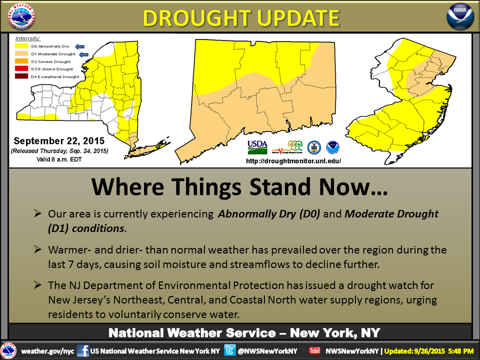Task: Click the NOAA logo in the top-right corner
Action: pos(460,17)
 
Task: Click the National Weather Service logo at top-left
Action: pos(21,16)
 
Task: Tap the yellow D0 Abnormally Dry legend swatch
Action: pos(21,46)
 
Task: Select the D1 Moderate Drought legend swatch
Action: pos(21,54)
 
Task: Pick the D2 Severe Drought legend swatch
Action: pos(21,61)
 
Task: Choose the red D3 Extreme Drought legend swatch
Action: pos(21,69)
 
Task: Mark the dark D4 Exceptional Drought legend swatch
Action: pos(21,76)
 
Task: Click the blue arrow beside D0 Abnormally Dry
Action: pos(80,46)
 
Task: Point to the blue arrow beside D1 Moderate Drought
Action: pos(84,54)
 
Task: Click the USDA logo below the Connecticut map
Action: pos(257,147)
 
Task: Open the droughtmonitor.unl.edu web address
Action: pos(293,161)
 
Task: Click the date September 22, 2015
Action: pos(59,141)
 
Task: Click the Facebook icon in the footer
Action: pos(82,350)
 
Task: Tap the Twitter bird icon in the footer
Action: pos(230,350)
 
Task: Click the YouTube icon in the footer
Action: pos(314,351)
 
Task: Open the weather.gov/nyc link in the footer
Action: pos(47,351)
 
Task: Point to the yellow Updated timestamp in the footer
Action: pos(429,351)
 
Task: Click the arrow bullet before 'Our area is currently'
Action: pos(37,213)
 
